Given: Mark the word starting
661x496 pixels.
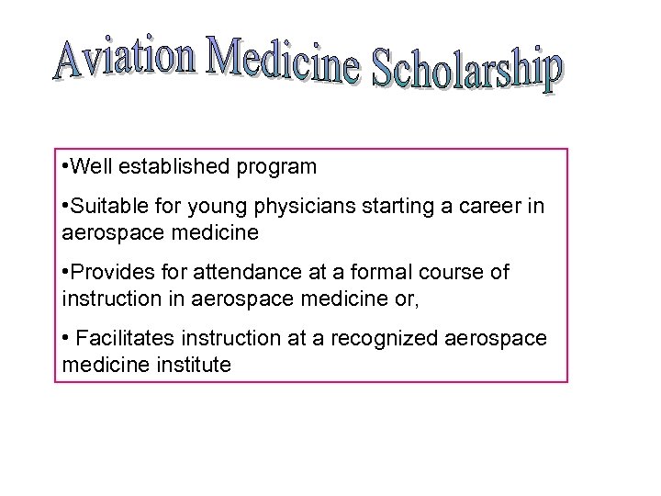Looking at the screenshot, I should (x=386, y=208).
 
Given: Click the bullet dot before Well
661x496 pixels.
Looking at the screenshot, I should (x=60, y=168).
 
